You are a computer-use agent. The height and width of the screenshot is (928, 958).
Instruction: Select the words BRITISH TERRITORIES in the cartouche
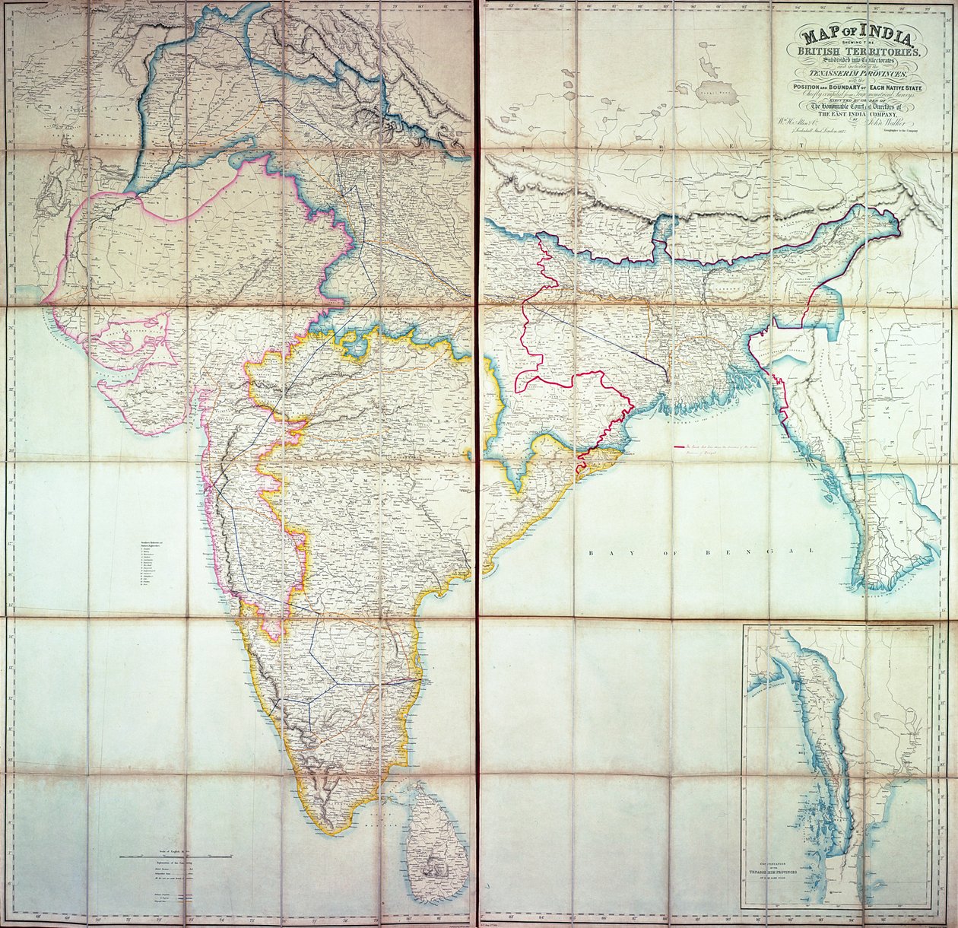[858, 51]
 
